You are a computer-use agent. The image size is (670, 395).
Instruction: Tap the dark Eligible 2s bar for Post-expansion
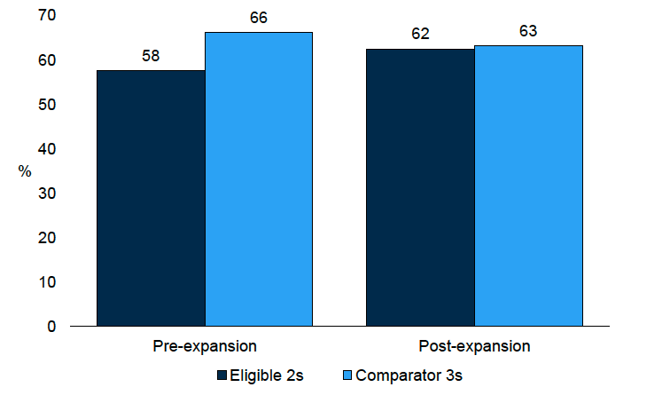pos(420,187)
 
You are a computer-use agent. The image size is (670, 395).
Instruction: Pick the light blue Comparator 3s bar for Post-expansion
pos(528,186)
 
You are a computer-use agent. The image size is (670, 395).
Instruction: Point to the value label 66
pos(259,19)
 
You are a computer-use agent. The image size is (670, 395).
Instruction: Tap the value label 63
pos(528,32)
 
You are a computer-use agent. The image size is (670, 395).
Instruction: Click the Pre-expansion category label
pos(205,345)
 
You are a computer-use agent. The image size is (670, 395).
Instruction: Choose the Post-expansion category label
pos(474,345)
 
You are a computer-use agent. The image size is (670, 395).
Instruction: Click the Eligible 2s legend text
pos(267,375)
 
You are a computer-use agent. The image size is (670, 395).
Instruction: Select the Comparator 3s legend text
pos(409,375)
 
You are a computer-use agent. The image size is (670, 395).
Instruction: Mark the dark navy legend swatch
pos(222,375)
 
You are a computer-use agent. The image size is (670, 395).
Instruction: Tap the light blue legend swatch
pos(347,375)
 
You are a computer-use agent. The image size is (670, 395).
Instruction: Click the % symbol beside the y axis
pos(25,171)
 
